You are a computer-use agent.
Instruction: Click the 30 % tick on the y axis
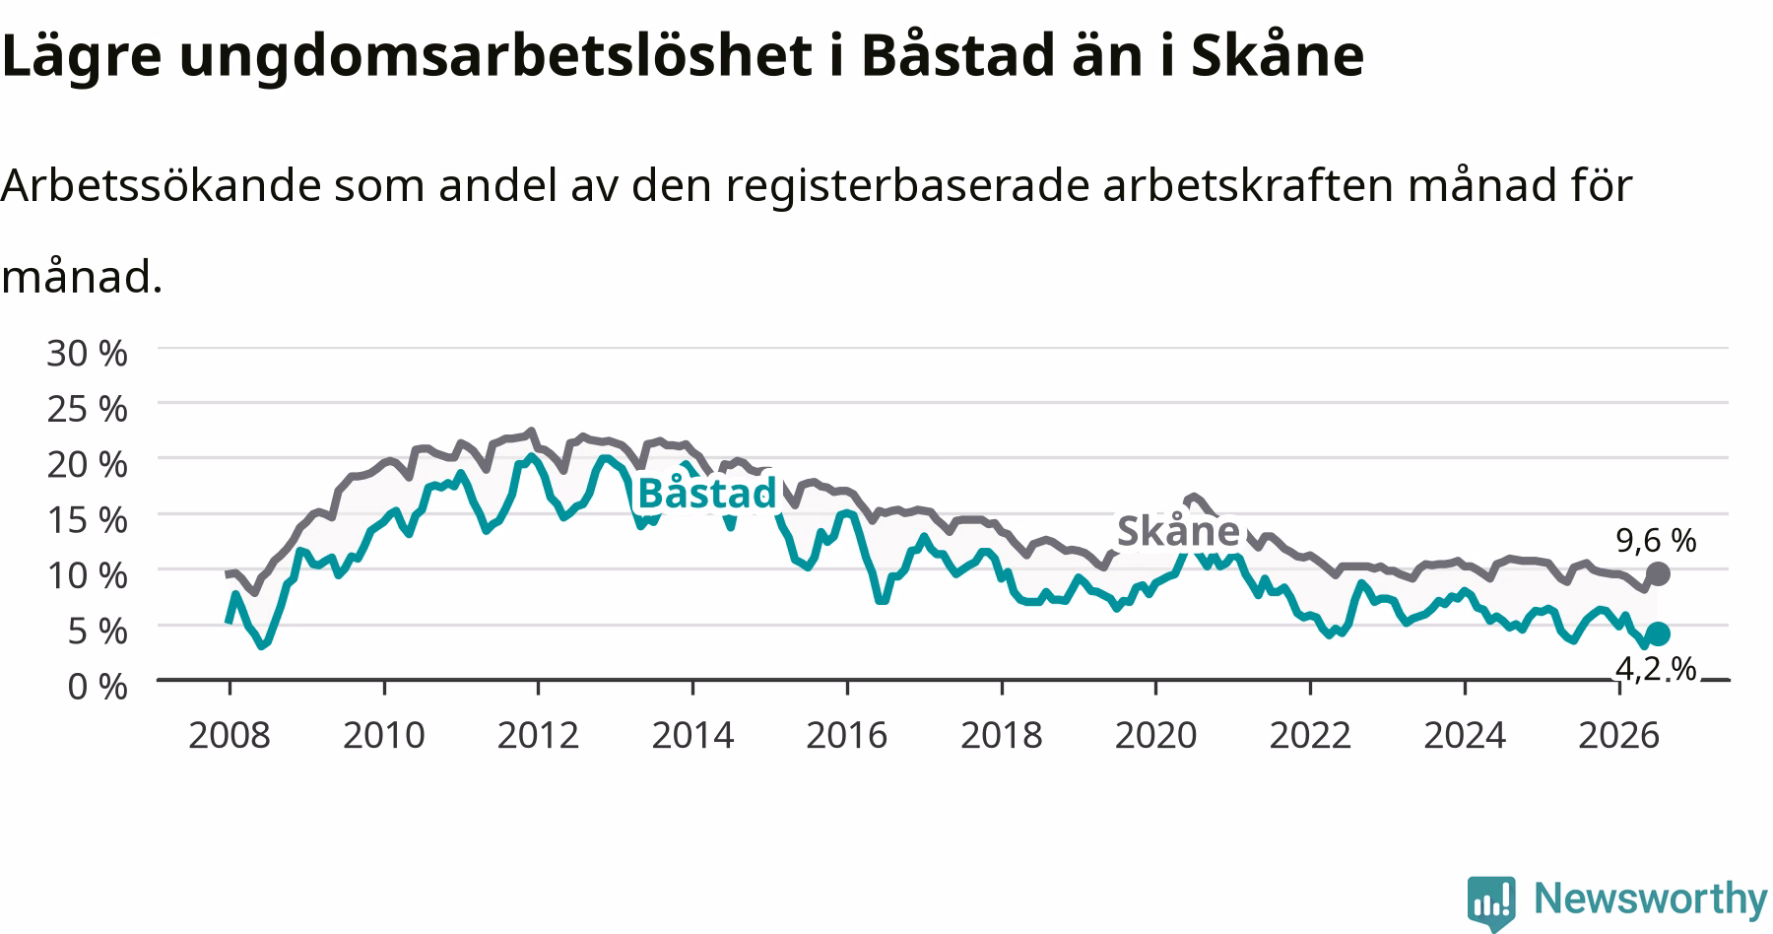pyautogui.click(x=87, y=353)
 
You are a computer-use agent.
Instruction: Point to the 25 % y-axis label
pyautogui.click(x=87, y=408)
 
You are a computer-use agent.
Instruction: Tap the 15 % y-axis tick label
pyautogui.click(x=87, y=519)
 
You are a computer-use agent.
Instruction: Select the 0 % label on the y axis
pyautogui.click(x=98, y=686)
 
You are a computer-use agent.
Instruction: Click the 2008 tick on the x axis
pyautogui.click(x=229, y=735)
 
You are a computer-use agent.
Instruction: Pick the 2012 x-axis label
pyautogui.click(x=538, y=735)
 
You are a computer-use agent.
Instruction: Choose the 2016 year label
pyautogui.click(x=847, y=735)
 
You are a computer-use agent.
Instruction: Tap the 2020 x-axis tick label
pyautogui.click(x=1155, y=735)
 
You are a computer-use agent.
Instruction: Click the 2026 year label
pyautogui.click(x=1619, y=735)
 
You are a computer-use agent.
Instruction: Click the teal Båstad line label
pyautogui.click(x=707, y=493)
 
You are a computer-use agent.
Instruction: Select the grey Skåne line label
pyautogui.click(x=1178, y=531)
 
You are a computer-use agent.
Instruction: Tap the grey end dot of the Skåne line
pyautogui.click(x=1658, y=573)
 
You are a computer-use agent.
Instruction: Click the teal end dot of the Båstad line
pyautogui.click(x=1658, y=634)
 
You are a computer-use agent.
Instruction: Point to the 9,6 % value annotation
pyautogui.click(x=1656, y=540)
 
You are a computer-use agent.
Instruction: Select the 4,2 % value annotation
pyautogui.click(x=1656, y=669)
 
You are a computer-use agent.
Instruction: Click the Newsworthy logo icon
pyautogui.click(x=1492, y=901)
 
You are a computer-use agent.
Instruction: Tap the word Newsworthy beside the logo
pyautogui.click(x=1651, y=899)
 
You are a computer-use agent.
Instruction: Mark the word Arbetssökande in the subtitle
pyautogui.click(x=162, y=185)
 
